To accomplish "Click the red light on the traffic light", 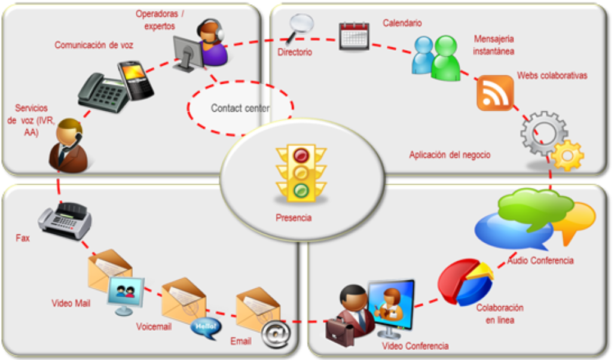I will [301, 155].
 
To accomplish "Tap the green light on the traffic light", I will [301, 191].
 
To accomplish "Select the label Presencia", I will [294, 218].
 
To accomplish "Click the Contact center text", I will [240, 108].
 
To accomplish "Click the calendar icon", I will [354, 36].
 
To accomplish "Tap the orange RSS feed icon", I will [495, 93].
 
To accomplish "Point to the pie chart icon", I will [465, 282].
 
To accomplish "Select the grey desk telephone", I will [103, 92].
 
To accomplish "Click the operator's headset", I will [219, 33].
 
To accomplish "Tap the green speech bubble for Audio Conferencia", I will [526, 206].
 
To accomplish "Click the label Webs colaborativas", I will [552, 76].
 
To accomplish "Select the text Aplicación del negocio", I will [450, 155].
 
